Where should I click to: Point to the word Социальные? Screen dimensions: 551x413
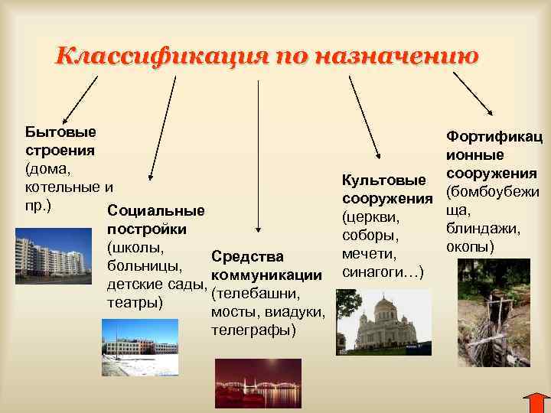(x=157, y=211)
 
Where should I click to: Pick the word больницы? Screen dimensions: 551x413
(x=145, y=268)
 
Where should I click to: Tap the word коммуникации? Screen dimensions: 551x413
(x=265, y=275)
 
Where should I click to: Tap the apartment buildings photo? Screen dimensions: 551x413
(x=47, y=255)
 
